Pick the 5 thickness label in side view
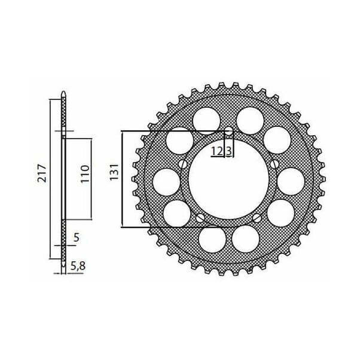[76, 237]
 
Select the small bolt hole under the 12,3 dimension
[229, 132]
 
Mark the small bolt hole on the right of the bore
[274, 164]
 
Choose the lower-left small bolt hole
[200, 218]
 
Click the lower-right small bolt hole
[257, 218]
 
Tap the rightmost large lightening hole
[291, 180]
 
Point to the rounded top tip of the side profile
[63, 95]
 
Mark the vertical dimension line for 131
[122, 179]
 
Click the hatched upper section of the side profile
[63, 117]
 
